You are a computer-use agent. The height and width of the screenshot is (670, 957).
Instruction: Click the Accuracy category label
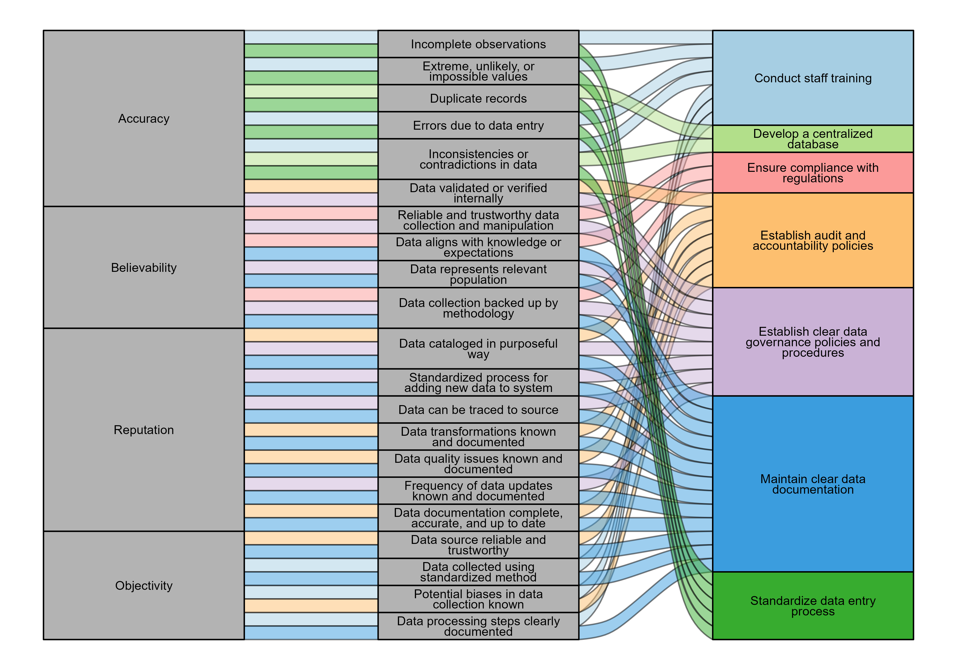coord(144,119)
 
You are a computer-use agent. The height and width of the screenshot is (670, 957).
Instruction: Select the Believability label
coord(144,268)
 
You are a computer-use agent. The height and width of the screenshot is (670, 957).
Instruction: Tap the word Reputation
coord(144,430)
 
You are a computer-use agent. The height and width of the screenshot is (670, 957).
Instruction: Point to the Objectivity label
coord(144,586)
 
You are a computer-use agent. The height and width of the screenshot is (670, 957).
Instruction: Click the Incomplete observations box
coord(478,44)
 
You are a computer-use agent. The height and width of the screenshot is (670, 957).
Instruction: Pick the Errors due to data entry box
coord(478,125)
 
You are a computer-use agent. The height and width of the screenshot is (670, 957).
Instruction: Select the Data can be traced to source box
coord(478,410)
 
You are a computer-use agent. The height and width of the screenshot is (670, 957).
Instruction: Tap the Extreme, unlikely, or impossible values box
coord(478,71)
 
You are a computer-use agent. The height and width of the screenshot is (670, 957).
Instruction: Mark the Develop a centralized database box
coord(813,139)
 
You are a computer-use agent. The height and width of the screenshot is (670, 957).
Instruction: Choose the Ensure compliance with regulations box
coord(813,173)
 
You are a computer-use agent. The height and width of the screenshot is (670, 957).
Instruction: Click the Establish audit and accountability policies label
coord(813,240)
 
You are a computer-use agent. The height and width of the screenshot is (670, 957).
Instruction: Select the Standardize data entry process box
coord(813,606)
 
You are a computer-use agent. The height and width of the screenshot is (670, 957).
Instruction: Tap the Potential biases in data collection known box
coord(478,599)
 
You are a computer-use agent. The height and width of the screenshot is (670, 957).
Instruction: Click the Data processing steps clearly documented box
coord(478,626)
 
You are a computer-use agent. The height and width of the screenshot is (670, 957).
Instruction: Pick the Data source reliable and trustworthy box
coord(478,545)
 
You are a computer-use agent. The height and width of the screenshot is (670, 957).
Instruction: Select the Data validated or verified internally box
coord(478,193)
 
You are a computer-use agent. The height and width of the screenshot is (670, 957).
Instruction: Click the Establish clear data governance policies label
coord(813,342)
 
